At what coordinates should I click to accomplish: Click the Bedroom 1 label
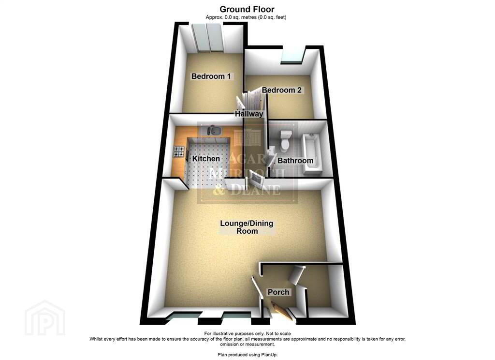tap(211, 76)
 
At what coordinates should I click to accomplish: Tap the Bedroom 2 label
tap(282, 90)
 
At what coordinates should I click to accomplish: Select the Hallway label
tap(249, 114)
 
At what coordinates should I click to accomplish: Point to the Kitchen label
tap(206, 159)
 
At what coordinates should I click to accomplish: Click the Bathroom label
tap(295, 161)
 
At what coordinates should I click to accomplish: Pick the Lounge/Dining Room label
tap(247, 227)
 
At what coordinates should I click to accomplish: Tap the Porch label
tap(278, 292)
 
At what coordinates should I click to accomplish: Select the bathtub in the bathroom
tap(311, 154)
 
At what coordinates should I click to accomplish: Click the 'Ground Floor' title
tap(247, 9)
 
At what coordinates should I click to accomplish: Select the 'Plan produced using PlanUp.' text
tap(247, 355)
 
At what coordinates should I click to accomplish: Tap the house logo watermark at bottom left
tap(45, 318)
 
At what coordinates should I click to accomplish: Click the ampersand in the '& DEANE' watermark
tap(219, 190)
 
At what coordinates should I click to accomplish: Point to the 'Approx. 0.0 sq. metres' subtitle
tap(231, 17)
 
